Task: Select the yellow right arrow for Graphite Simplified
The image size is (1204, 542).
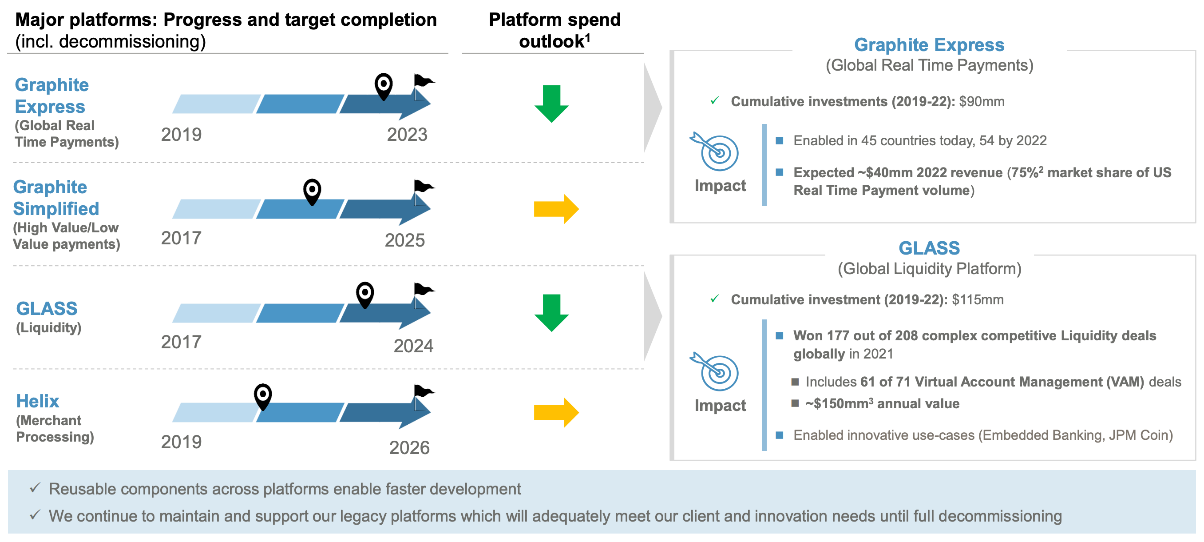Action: [556, 209]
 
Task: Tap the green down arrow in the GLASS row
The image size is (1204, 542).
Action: [551, 313]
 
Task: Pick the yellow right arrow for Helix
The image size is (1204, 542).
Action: [556, 412]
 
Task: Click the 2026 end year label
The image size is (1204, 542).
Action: [409, 447]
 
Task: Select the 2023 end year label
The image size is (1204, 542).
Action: [407, 135]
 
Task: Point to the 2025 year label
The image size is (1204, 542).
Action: [404, 240]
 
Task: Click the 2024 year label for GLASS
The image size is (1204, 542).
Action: [413, 346]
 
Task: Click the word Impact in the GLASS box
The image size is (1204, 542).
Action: [720, 406]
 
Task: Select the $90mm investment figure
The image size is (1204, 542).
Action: [981, 101]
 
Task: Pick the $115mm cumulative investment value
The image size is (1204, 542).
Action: [977, 300]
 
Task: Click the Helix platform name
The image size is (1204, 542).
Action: [37, 401]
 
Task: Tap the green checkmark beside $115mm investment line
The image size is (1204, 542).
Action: [714, 299]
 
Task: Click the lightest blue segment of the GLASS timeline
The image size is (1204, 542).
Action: [216, 313]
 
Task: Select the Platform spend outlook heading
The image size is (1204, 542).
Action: [554, 30]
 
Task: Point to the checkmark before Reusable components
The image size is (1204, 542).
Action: [35, 488]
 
